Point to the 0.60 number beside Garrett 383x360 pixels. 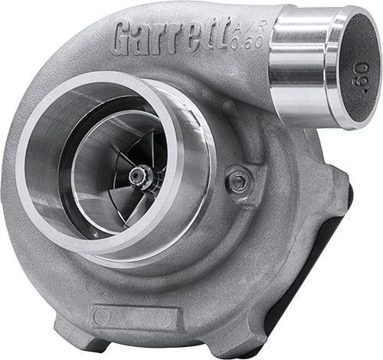[252, 41]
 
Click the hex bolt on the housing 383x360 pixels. [238, 182]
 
